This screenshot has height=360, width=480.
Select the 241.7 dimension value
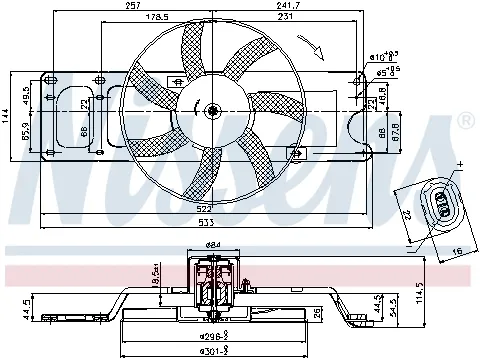pos(264,6)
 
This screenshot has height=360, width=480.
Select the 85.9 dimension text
pos(25,132)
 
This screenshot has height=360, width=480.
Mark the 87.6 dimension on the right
pos(396,132)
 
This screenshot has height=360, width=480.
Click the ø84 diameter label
pos(212,246)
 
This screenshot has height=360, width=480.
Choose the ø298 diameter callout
pos(212,337)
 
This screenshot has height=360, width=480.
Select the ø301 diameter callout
pos(212,350)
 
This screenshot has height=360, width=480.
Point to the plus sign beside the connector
pos(461,162)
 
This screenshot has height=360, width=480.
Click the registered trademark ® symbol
pos(464,122)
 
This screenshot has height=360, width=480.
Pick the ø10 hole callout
pos(376,57)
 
